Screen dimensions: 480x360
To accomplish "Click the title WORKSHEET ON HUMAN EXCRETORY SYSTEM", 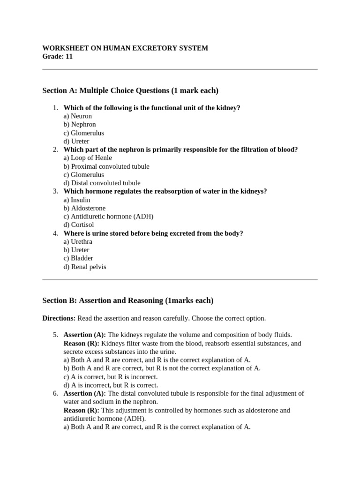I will click(125, 48).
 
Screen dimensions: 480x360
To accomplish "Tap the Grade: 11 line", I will click(58, 57).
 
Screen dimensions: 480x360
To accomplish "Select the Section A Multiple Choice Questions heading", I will click(130, 90).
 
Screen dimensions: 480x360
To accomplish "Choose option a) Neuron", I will click(78, 116).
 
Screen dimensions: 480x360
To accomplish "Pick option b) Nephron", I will click(80, 125).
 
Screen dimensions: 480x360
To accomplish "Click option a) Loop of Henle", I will click(88, 158).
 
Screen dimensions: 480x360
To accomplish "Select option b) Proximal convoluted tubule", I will click(106, 166).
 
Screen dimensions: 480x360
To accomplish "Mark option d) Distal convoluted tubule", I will click(102, 183).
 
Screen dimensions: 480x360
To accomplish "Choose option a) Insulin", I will click(77, 200).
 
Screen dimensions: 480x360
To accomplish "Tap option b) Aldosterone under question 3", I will click(84, 208).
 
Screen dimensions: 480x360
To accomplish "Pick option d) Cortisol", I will click(79, 225).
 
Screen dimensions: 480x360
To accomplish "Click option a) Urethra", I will click(78, 242).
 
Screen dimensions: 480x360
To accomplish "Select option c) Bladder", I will click(78, 258).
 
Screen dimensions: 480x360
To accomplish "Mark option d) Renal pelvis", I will click(85, 267).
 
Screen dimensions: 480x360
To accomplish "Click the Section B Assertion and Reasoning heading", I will click(127, 300).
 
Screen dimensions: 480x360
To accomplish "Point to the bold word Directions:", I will click(59, 318).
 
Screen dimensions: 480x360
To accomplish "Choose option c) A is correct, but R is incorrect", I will click(111, 377).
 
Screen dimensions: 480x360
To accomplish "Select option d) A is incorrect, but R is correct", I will click(111, 385).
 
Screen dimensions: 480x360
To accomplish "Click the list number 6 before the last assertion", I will click(55, 394).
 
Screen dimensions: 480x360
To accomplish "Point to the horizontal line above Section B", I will click(180, 280).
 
